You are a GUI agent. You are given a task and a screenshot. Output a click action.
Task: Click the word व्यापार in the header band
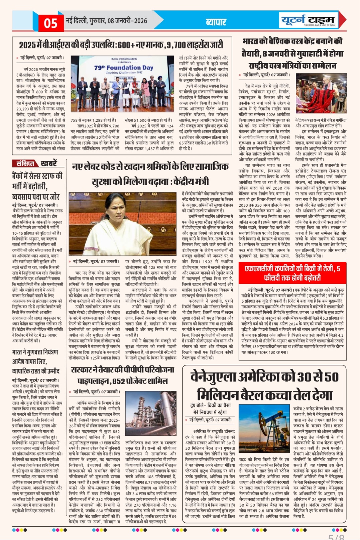coord(216,22)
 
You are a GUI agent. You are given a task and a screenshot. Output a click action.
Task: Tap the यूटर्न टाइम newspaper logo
coord(308,20)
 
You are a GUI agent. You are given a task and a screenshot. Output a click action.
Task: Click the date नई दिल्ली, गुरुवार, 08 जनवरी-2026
coord(106,21)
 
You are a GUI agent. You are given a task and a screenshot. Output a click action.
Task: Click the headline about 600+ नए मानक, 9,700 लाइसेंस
coord(121,44)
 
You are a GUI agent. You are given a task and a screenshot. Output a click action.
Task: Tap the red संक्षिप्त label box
coord(25,164)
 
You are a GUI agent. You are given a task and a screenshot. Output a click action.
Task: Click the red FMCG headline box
coord(292,273)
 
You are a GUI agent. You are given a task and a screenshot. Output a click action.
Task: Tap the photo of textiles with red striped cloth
coord(321,93)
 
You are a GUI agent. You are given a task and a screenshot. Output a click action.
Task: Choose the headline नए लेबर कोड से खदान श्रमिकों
coord(150,174)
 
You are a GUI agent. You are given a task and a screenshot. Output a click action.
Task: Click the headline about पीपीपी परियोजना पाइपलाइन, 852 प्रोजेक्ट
coord(123,375)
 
